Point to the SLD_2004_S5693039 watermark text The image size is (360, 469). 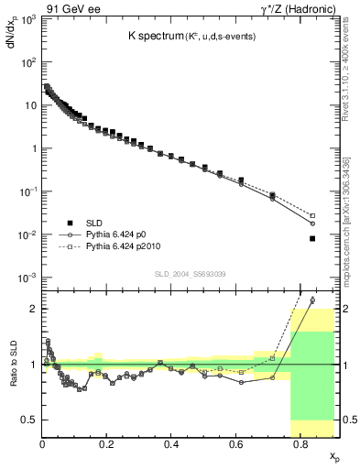[190, 274]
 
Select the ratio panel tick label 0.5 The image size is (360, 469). [29, 420]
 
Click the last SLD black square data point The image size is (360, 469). [312, 238]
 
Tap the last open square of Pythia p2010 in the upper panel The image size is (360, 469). [312, 215]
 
